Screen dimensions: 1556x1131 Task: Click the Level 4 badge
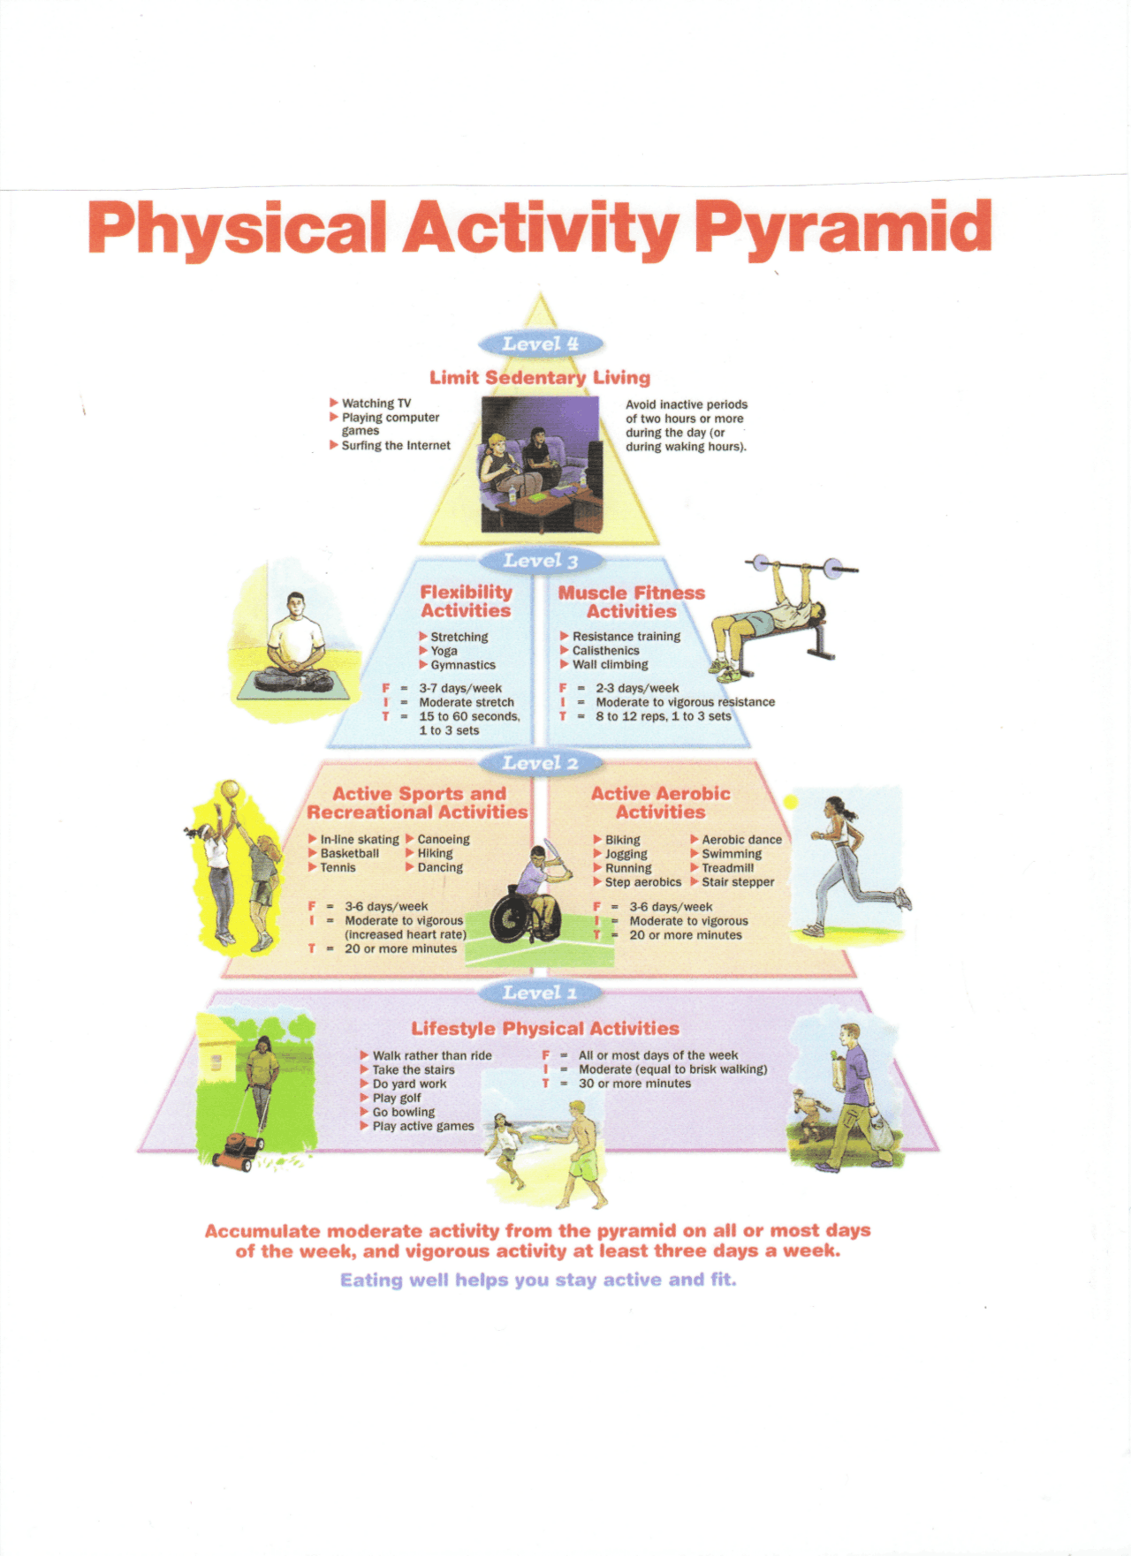click(540, 344)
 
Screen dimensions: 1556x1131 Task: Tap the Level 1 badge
click(540, 993)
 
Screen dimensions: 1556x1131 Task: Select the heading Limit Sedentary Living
click(540, 378)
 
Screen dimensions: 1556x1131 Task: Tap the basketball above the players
click(230, 789)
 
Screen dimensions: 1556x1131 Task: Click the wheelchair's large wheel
click(513, 919)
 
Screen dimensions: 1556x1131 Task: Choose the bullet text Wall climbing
click(610, 665)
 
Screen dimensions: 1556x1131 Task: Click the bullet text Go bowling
click(403, 1112)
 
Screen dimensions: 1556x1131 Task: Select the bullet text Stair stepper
click(738, 882)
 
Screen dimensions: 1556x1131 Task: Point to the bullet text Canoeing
click(443, 840)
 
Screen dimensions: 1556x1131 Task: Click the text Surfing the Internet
click(396, 446)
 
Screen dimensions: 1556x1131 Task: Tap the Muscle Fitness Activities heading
click(631, 602)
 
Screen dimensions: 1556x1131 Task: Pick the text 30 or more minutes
click(634, 1084)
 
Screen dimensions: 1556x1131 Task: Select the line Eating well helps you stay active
click(538, 1280)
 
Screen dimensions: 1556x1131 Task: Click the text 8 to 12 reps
click(631, 716)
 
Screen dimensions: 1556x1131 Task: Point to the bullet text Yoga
click(444, 651)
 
